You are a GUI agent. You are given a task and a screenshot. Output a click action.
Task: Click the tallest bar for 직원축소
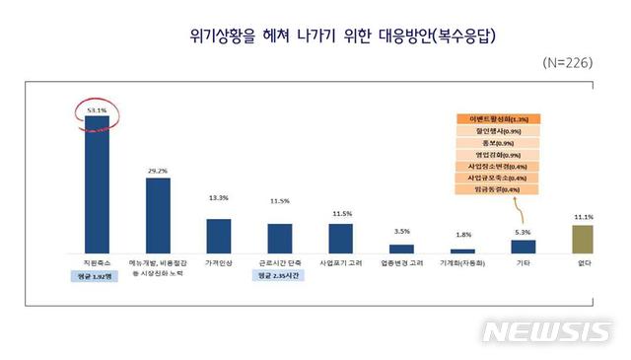click(97, 184)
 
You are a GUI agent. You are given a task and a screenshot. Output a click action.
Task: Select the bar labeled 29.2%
click(158, 215)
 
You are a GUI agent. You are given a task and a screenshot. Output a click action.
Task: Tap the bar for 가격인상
click(219, 236)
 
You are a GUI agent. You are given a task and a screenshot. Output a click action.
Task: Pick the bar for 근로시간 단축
click(279, 239)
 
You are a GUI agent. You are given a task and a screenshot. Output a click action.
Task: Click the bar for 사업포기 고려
click(341, 239)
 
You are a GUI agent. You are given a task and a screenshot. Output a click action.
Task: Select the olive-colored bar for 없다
click(584, 239)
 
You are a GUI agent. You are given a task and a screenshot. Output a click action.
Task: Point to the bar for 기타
click(524, 247)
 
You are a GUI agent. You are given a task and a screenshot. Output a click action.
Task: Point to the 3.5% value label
click(401, 232)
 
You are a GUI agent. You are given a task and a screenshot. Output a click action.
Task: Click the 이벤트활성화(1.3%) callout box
click(495, 118)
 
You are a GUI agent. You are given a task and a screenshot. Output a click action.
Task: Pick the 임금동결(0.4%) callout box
click(495, 189)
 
